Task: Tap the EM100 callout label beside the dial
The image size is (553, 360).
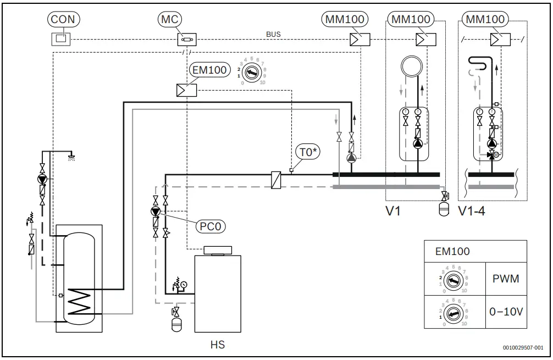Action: click(x=209, y=70)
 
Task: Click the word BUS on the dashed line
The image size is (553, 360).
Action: click(x=273, y=34)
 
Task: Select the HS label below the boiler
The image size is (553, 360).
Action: click(x=218, y=345)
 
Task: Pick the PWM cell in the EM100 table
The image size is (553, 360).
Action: click(x=506, y=279)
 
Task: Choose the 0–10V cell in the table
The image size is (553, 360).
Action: click(x=506, y=312)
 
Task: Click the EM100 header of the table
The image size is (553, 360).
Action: click(x=452, y=252)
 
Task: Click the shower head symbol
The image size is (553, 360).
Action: click(x=70, y=156)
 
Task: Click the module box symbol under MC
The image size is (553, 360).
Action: click(x=187, y=40)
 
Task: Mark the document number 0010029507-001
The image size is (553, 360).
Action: click(x=522, y=347)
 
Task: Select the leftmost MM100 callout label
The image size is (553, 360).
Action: click(x=344, y=19)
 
